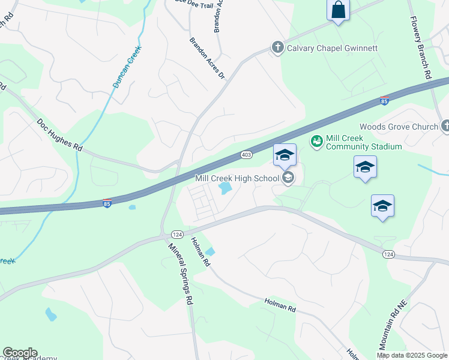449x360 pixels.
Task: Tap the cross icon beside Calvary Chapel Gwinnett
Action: click(x=277, y=47)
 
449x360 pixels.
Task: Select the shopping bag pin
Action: click(x=339, y=10)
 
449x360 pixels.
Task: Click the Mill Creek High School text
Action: click(x=237, y=178)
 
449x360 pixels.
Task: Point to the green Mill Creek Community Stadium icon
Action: click(x=316, y=142)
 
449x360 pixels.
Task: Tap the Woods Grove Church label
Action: click(x=399, y=127)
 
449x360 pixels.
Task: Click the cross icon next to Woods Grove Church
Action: click(x=445, y=126)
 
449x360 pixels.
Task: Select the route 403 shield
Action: click(x=246, y=154)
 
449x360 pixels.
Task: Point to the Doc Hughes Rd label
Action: click(x=59, y=134)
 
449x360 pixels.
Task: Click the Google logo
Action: click(x=20, y=353)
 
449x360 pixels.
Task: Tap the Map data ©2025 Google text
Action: click(x=412, y=355)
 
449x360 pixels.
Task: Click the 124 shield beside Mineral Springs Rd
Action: click(x=176, y=234)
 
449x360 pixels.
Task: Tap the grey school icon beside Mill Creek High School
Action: click(x=288, y=177)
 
